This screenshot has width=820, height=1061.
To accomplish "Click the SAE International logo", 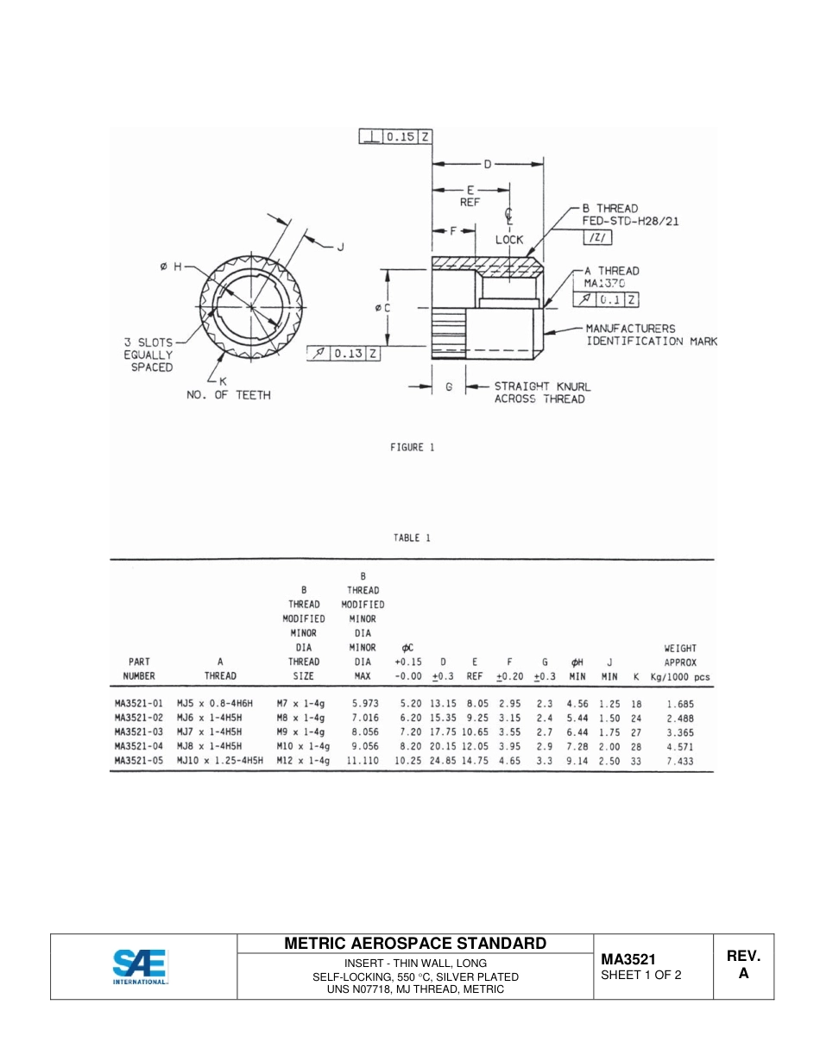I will (140, 966).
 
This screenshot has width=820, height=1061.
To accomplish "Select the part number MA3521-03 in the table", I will (139, 732).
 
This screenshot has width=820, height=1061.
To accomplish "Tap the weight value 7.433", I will (679, 762).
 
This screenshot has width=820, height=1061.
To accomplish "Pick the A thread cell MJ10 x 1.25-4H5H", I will (220, 762).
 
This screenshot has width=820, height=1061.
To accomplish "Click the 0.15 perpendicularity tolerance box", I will (395, 136).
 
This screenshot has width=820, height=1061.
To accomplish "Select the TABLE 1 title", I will (413, 537).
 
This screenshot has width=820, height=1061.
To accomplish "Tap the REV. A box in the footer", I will (743, 965).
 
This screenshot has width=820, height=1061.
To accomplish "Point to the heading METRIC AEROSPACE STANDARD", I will (415, 944).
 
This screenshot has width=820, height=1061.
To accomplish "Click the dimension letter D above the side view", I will (487, 164).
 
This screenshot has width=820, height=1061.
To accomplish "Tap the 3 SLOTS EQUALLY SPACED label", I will (148, 355).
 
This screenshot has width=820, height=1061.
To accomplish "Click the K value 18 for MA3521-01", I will (636, 704).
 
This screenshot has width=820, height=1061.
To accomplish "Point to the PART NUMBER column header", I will (139, 669).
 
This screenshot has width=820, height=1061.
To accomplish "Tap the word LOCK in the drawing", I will (509, 240).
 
